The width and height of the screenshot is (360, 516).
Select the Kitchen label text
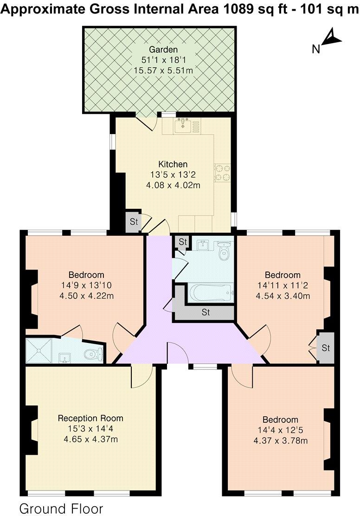(173, 164)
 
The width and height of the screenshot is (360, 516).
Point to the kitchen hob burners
(221, 172)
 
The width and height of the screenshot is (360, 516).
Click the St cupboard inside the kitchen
(134, 222)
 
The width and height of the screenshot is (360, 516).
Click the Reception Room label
(90, 418)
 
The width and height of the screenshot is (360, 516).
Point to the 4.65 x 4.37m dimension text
(90, 439)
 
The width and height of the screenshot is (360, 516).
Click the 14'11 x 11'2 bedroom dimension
(283, 285)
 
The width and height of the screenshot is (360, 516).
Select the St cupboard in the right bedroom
(326, 348)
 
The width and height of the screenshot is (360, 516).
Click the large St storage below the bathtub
(206, 312)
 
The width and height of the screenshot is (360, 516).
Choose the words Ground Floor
(61, 508)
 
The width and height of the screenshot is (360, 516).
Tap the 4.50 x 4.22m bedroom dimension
(86, 295)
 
